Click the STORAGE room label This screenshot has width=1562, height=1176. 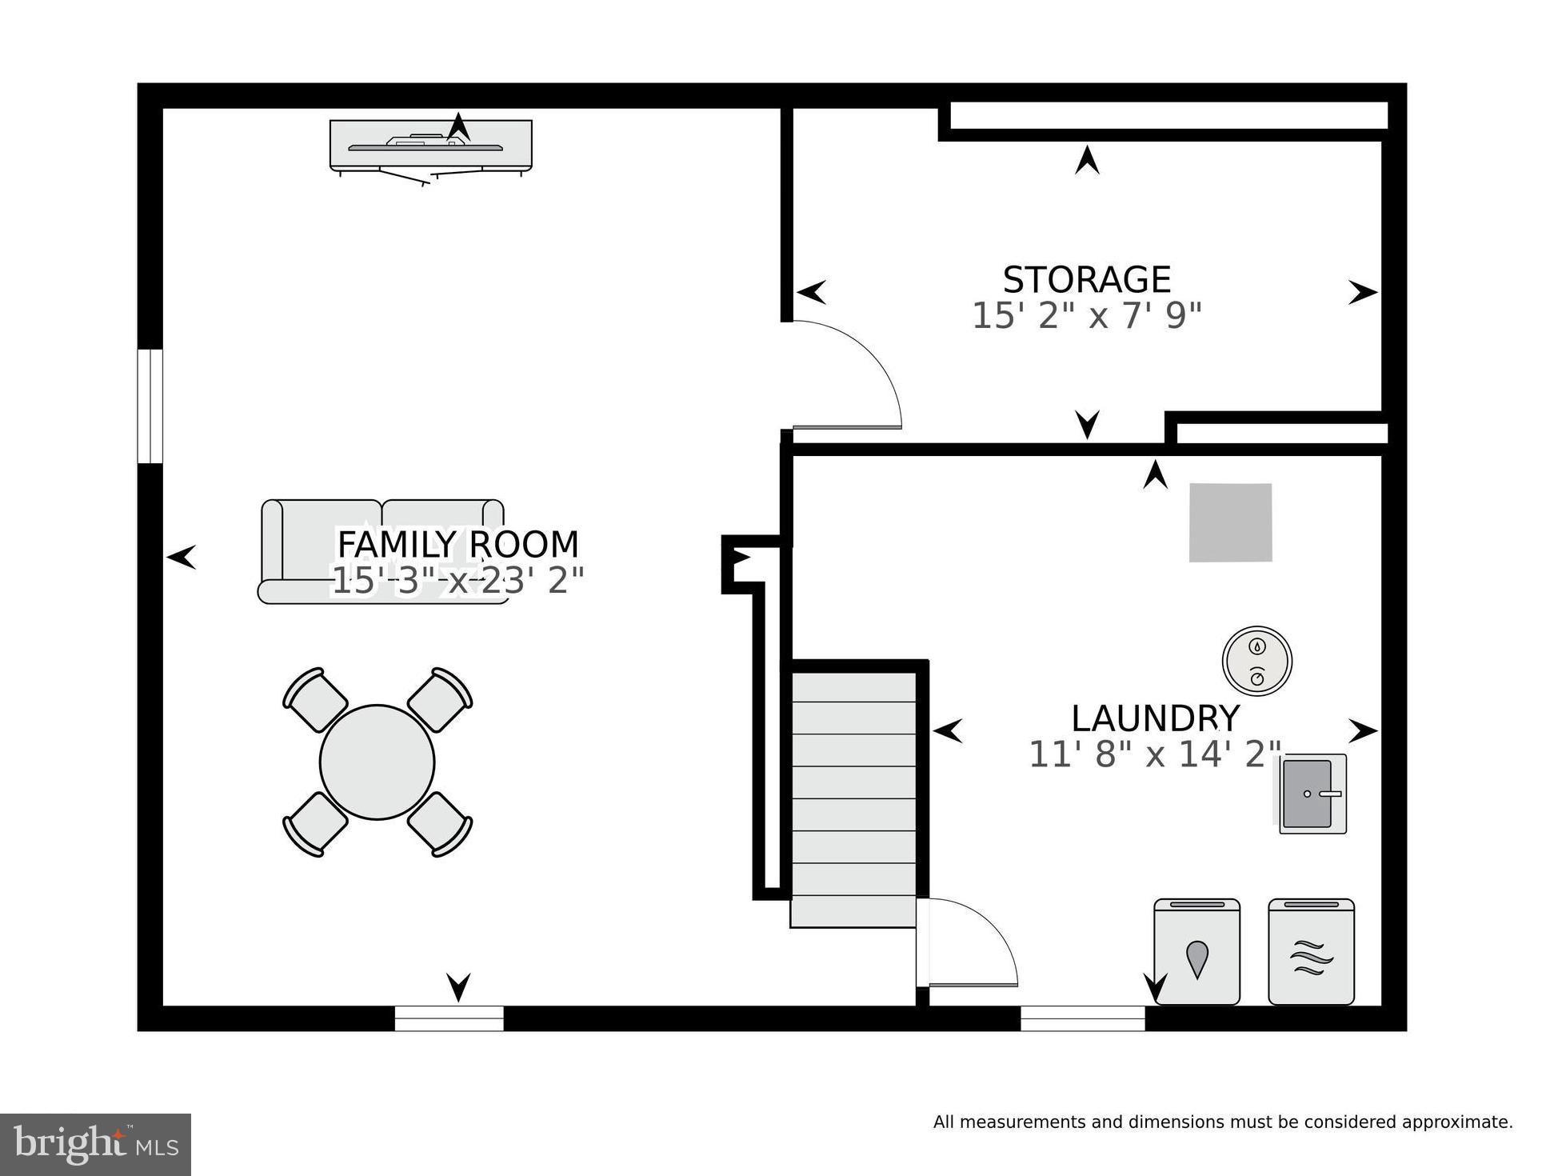pos(1086,280)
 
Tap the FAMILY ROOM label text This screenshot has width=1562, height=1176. pos(457,545)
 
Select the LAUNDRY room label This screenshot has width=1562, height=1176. pos(1155,718)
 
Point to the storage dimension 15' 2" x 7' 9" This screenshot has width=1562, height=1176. pos(1086,316)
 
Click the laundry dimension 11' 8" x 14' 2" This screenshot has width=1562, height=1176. pos(1154,754)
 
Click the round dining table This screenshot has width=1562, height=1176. pos(377,762)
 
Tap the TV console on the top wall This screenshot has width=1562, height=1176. pos(431,146)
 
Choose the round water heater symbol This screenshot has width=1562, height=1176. pos(1256,661)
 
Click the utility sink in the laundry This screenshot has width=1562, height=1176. pos(1312,794)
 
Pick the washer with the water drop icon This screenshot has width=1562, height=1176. pos(1196,952)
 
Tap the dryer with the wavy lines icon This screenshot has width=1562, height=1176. pos(1311,952)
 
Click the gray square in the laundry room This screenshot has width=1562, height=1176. pos(1230,522)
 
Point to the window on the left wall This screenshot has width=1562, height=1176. pos(150,406)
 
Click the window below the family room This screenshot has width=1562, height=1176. pos(449,1018)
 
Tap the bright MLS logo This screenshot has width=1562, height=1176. pos(95,1144)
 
